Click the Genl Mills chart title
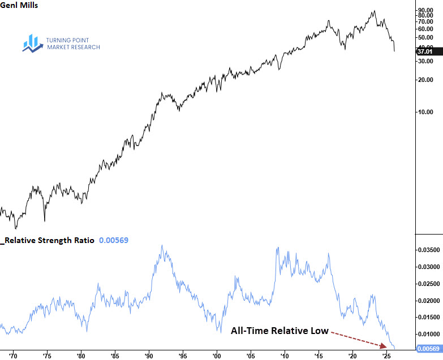click(19, 6)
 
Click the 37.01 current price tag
click(425, 51)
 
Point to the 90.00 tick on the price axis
click(425, 10)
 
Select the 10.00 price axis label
click(425, 112)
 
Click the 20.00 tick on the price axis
click(425, 80)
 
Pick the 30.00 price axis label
click(425, 61)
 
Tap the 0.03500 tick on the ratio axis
click(427, 249)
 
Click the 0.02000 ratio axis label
click(427, 300)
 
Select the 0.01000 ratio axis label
click(427, 335)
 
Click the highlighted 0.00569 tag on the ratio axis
click(427, 349)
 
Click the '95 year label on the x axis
click(182, 356)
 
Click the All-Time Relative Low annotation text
click(279, 331)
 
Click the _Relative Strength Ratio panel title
click(49, 240)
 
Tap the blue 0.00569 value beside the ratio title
click(114, 240)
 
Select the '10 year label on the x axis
click(285, 356)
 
